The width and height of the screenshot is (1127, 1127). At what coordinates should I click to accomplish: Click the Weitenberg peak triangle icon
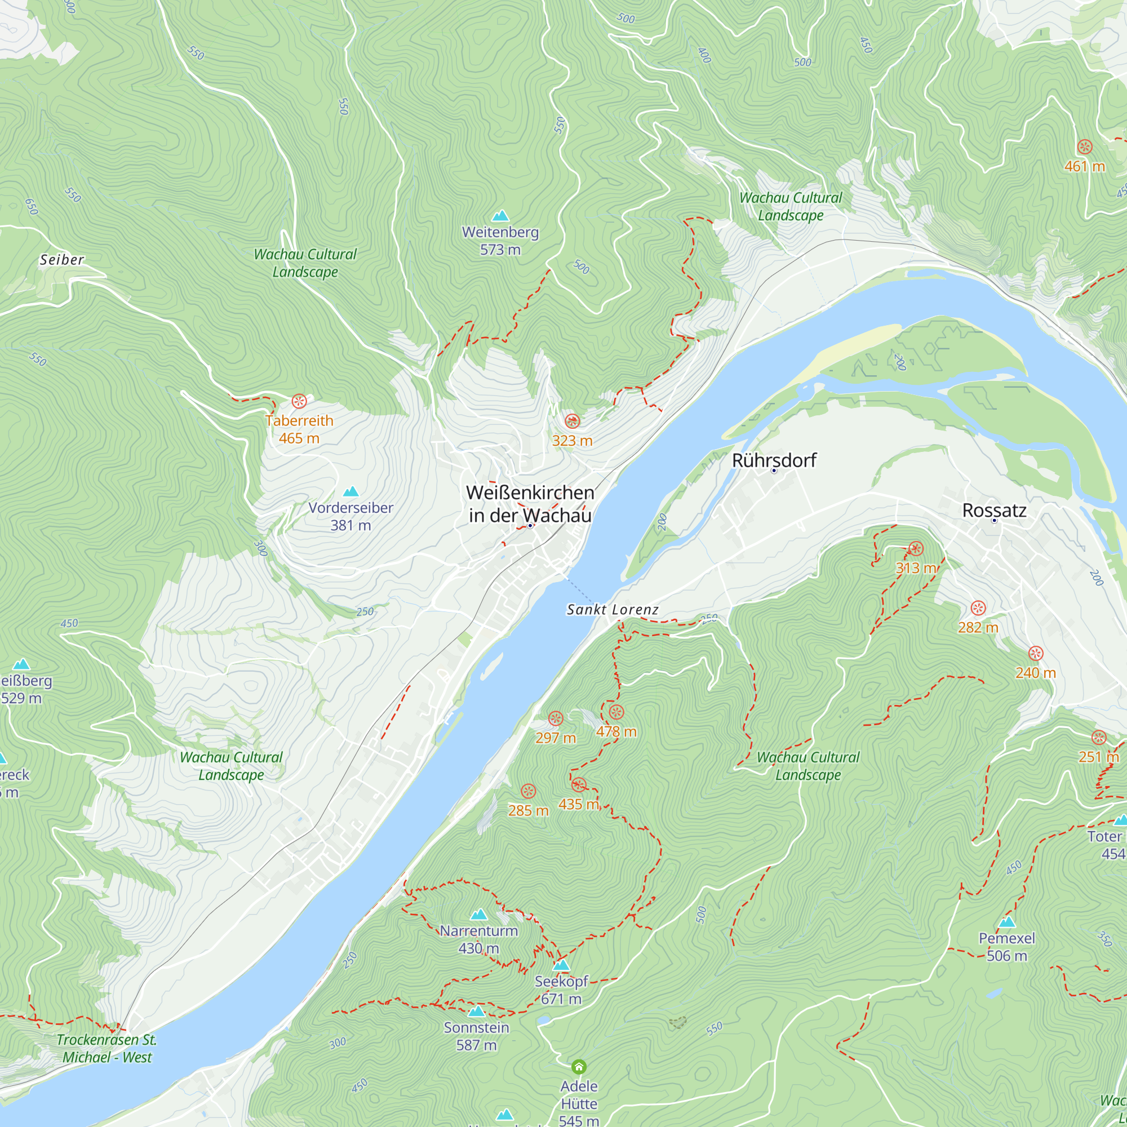[500, 216]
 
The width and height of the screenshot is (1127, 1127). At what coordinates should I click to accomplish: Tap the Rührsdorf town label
[774, 460]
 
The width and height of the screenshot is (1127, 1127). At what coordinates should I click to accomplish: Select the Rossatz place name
[994, 511]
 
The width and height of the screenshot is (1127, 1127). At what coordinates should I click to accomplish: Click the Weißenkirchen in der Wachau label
[530, 504]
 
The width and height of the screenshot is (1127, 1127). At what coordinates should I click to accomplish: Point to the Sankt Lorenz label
[613, 610]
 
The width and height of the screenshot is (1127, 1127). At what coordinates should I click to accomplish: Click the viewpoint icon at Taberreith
[299, 401]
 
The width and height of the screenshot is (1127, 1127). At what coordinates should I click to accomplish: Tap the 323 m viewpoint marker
[573, 421]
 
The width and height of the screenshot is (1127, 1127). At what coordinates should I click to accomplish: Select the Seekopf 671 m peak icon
[561, 965]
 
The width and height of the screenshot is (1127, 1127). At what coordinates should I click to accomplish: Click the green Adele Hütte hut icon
[579, 1067]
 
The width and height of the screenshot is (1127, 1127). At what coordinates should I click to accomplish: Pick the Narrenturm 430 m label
[479, 939]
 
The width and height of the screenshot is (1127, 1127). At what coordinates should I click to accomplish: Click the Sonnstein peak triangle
[477, 1011]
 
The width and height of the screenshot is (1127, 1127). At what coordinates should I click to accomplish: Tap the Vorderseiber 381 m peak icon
[350, 492]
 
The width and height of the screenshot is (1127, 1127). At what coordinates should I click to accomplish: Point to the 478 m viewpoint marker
[616, 712]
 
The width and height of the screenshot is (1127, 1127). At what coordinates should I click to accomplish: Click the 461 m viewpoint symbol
[1084, 147]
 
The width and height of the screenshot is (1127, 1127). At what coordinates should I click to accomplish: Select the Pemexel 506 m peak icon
[1007, 923]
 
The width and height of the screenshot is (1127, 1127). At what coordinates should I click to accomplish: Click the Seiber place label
[62, 260]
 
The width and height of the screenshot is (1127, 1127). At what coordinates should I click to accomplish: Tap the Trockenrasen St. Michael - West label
[107, 1048]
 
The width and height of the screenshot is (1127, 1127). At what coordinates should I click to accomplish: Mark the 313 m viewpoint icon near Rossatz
[916, 548]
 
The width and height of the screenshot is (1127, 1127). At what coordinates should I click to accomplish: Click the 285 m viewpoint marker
[528, 792]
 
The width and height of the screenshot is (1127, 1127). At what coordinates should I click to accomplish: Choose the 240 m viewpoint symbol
[1035, 653]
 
